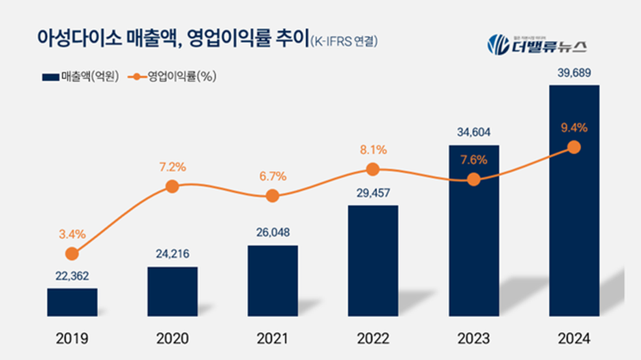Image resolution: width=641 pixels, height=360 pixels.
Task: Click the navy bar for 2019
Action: (x=72, y=302)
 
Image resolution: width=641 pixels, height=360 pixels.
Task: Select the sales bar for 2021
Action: (x=273, y=280)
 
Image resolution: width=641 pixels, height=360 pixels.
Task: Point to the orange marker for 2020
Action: (x=172, y=186)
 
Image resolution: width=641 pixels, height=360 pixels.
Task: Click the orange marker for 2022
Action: (x=373, y=169)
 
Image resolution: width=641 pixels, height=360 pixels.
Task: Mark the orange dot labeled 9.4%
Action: (x=574, y=147)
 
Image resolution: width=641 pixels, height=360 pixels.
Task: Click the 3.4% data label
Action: (x=72, y=235)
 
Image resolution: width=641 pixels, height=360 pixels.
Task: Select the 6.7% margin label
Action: (x=272, y=176)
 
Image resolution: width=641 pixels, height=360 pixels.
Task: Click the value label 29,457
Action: (x=372, y=192)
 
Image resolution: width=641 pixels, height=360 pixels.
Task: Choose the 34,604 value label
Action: (x=473, y=132)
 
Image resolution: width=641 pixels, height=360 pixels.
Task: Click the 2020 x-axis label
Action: (x=172, y=339)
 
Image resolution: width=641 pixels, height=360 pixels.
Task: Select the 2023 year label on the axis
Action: (x=473, y=339)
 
